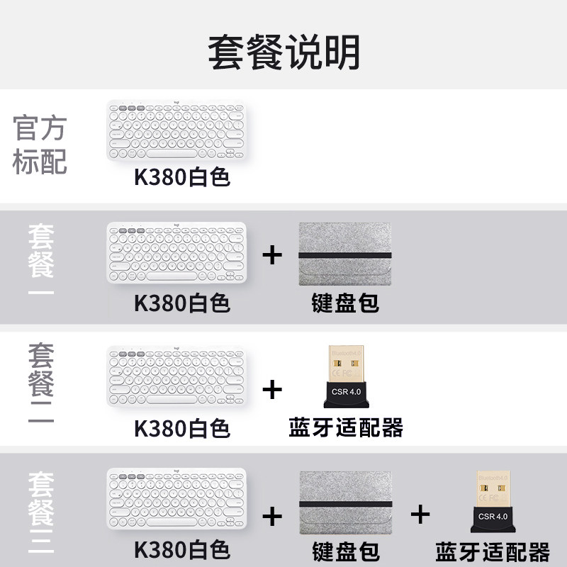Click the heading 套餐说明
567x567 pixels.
[x=283, y=51]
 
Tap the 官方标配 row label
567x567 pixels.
[x=40, y=145]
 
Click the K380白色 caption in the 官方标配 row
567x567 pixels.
[x=182, y=176]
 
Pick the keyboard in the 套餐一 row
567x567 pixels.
[x=176, y=253]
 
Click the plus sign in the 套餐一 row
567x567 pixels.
[x=272, y=255]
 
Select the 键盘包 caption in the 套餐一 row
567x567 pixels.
[x=345, y=303]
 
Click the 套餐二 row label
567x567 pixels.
[x=41, y=383]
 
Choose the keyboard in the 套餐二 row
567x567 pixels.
[x=176, y=376]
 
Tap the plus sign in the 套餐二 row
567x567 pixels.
[x=272, y=389]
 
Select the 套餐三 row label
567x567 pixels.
[x=41, y=507]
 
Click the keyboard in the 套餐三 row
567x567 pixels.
[x=176, y=500]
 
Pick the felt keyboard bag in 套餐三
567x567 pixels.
[x=345, y=500]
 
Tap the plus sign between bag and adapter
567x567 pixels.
[x=420, y=514]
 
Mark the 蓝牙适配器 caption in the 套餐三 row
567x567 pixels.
[x=493, y=551]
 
